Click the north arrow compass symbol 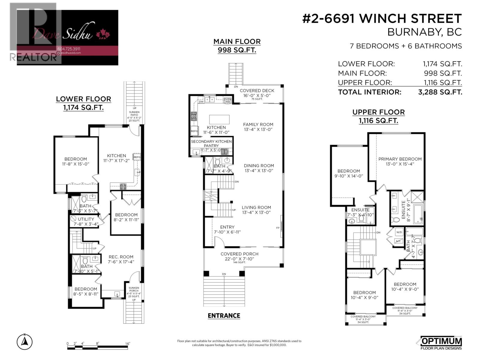[x=25, y=342]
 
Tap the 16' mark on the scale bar [x=127, y=344]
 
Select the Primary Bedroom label [x=400, y=159]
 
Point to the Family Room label [x=258, y=124]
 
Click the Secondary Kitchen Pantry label [x=211, y=143]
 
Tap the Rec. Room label [x=121, y=257]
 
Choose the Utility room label [x=86, y=219]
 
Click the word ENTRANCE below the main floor [x=224, y=316]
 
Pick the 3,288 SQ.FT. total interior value [x=440, y=92]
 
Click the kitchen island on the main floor [x=220, y=119]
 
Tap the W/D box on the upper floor [x=399, y=232]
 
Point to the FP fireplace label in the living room [x=277, y=228]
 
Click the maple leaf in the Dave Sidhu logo [x=103, y=35]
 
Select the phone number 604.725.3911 [x=69, y=49]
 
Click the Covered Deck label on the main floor [x=257, y=91]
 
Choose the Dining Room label [x=259, y=166]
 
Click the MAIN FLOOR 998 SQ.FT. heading [x=237, y=46]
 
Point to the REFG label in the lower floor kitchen [x=137, y=157]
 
